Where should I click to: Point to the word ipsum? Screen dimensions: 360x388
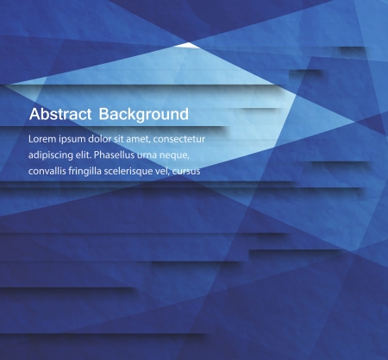(x=76, y=139)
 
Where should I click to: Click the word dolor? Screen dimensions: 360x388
(x=107, y=138)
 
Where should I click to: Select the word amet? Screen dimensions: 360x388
(x=150, y=138)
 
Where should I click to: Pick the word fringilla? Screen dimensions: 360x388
(x=98, y=172)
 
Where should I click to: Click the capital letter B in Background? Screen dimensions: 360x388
(x=104, y=114)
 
